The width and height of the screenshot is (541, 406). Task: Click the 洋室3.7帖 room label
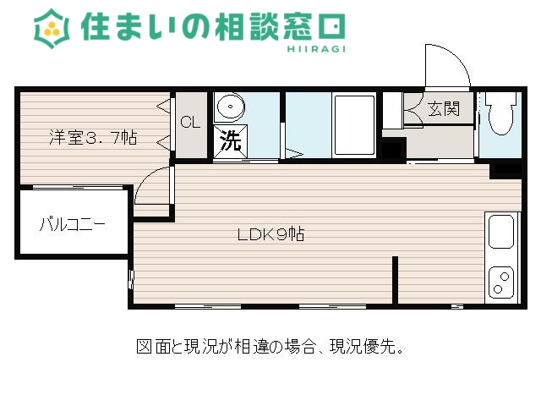pyautogui.click(x=92, y=138)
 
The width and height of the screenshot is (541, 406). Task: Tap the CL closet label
pyautogui.click(x=190, y=122)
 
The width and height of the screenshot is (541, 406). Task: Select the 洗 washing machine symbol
pyautogui.click(x=230, y=140)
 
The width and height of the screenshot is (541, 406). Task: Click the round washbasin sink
pyautogui.click(x=229, y=108)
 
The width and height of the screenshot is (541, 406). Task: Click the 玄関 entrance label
pyautogui.click(x=443, y=109)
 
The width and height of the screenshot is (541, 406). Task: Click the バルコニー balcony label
pyautogui.click(x=72, y=225)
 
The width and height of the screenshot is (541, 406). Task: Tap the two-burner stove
pyautogui.click(x=501, y=282)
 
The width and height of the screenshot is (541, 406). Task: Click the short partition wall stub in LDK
pyautogui.click(x=394, y=279)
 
